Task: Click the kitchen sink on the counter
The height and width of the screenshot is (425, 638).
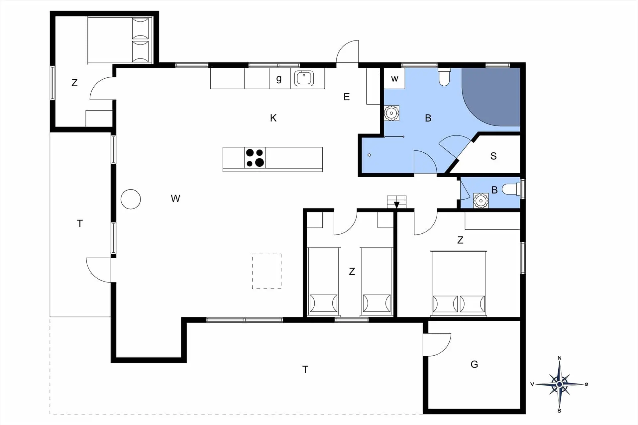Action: click(x=304, y=78)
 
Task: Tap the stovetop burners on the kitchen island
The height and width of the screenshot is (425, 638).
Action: click(x=255, y=158)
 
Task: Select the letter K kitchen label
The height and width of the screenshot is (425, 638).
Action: click(x=273, y=118)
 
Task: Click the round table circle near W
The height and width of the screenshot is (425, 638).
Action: click(x=131, y=199)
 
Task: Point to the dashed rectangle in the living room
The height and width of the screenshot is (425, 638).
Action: click(x=266, y=271)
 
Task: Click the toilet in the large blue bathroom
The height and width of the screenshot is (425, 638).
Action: click(x=444, y=77)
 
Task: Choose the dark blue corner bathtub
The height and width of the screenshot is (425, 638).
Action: click(x=491, y=97)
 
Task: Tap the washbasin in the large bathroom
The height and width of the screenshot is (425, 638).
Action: click(x=391, y=113)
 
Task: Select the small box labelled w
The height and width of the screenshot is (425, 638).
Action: click(x=394, y=78)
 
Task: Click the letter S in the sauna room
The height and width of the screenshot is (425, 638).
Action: click(x=493, y=156)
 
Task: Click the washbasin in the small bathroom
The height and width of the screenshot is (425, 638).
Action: click(x=481, y=201)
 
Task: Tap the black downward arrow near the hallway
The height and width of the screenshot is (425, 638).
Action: click(x=396, y=205)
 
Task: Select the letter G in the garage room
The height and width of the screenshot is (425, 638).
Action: click(x=474, y=364)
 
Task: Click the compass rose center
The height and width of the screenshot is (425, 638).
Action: click(x=560, y=384)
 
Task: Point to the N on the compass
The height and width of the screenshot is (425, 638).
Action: click(x=560, y=358)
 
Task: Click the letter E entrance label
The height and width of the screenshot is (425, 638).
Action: click(x=347, y=97)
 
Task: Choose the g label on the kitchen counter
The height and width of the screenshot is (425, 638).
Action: click(x=279, y=79)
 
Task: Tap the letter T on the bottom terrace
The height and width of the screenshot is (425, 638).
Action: click(x=305, y=369)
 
